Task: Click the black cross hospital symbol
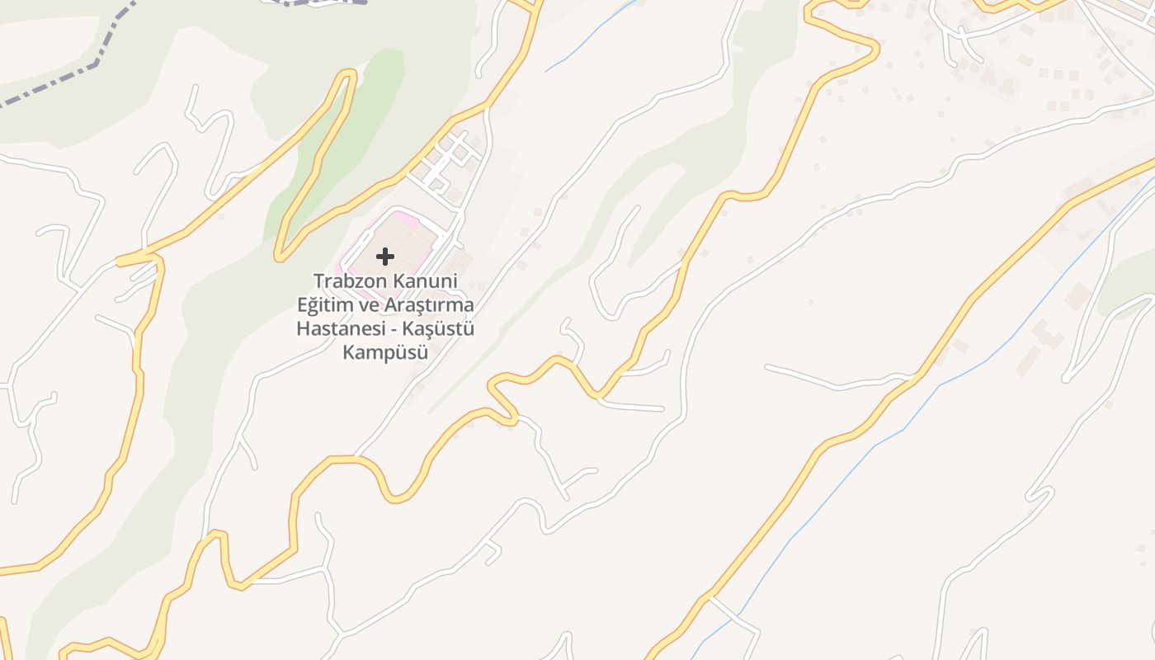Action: tap(385, 257)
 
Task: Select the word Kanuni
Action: tap(424, 281)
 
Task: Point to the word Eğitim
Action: tap(323, 305)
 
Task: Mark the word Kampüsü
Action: tap(385, 353)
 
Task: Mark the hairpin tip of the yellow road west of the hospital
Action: tap(281, 255)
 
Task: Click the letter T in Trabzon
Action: tap(318, 281)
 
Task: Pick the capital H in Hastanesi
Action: tap(302, 329)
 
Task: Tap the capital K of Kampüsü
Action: tap(347, 353)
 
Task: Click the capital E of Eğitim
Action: tap(303, 305)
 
